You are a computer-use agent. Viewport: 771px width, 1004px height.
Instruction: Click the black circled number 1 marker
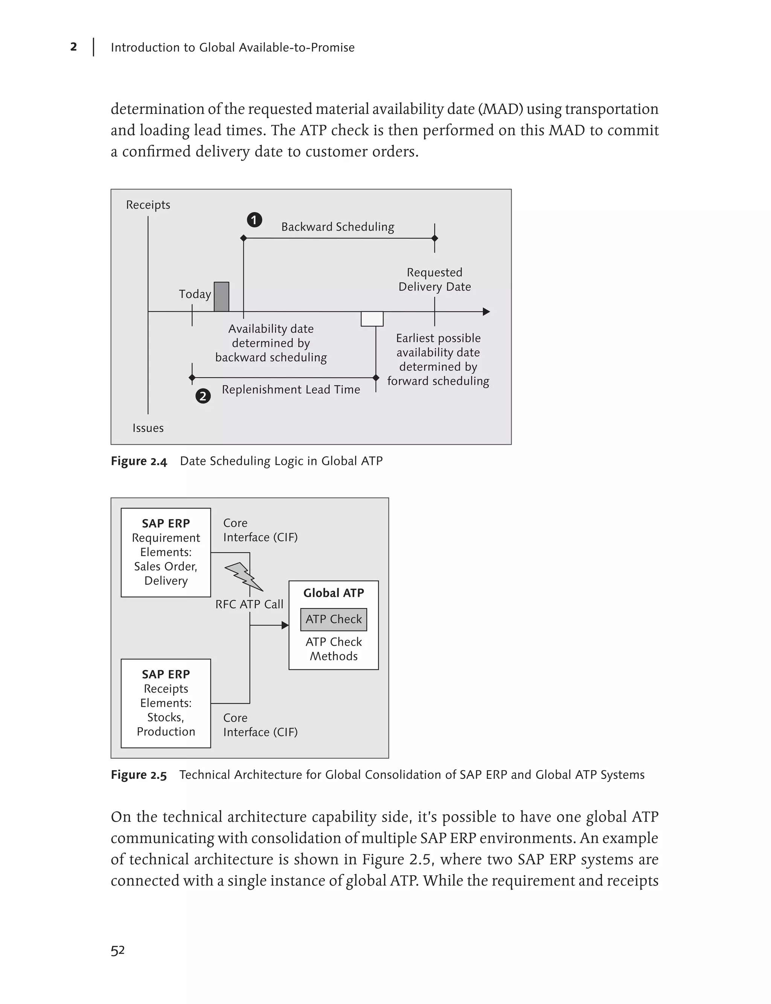click(x=254, y=220)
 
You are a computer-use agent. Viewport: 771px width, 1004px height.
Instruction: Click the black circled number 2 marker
click(x=203, y=396)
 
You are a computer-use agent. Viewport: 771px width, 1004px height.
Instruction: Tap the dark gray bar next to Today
click(x=221, y=297)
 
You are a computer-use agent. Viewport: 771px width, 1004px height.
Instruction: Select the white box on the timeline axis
click(x=372, y=318)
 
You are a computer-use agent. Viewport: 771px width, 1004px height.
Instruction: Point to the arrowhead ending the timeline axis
click(x=486, y=312)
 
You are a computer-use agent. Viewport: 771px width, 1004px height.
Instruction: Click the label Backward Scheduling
click(x=337, y=227)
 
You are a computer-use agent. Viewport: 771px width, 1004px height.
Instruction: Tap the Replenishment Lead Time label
click(x=291, y=390)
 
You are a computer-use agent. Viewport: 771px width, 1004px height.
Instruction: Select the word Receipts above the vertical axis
click(x=148, y=205)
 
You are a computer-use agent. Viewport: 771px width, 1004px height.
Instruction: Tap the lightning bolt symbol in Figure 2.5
click(x=244, y=577)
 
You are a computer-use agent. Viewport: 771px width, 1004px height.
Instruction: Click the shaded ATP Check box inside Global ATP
click(x=334, y=619)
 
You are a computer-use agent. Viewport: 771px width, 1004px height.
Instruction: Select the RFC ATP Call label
click(x=249, y=604)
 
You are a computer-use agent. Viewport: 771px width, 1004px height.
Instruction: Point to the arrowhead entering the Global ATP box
click(x=285, y=625)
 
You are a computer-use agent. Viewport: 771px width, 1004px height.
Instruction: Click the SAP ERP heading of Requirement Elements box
click(x=166, y=523)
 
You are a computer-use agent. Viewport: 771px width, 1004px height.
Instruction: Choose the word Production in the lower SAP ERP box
click(x=166, y=732)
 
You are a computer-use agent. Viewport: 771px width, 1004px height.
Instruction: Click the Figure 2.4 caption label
click(x=139, y=461)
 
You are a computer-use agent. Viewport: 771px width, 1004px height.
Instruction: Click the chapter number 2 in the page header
click(x=73, y=47)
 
